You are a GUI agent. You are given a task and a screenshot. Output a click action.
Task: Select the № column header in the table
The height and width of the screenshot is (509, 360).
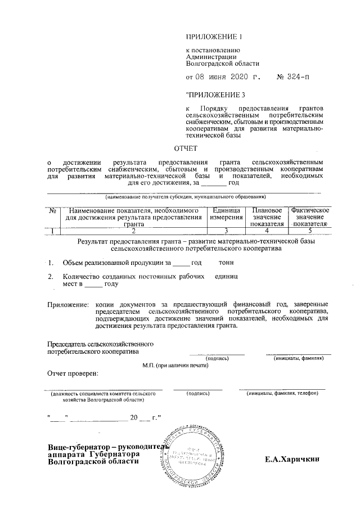point(52,210)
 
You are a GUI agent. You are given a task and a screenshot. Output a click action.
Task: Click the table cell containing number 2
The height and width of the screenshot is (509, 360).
point(133,230)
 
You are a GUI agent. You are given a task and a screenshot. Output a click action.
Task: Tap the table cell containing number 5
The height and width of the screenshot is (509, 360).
point(310,230)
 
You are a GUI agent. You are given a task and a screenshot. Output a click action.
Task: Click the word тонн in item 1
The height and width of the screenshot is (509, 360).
point(226,263)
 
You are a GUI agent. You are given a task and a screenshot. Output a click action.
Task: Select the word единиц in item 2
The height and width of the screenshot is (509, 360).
point(227,277)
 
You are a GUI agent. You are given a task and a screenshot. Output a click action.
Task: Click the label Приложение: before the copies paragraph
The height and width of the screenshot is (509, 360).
point(68,305)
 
